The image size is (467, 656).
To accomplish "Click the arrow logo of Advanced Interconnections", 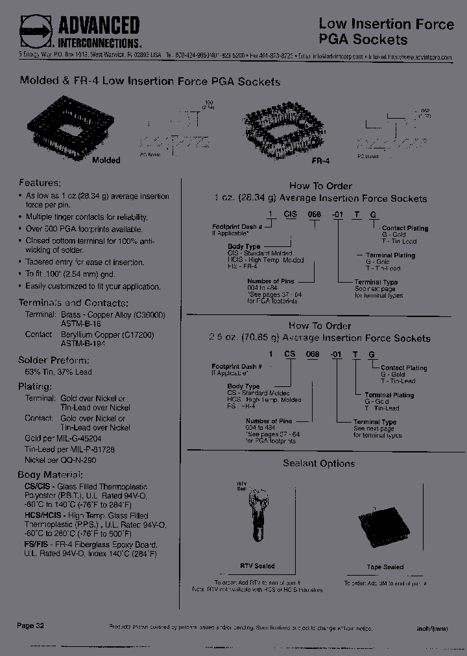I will click(x=36, y=30).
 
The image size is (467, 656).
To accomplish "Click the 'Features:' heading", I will click(x=40, y=183).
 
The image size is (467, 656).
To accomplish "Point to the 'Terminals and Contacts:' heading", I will click(x=73, y=303).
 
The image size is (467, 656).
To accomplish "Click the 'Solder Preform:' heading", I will click(x=53, y=360).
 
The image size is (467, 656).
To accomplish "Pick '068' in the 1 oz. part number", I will click(x=313, y=215).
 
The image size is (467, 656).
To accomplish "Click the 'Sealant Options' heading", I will click(x=318, y=463).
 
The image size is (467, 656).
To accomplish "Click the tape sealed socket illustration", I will click(x=384, y=529).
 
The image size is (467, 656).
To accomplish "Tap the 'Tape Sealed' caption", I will click(x=385, y=567).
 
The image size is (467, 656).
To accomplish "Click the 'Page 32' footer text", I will click(x=30, y=626).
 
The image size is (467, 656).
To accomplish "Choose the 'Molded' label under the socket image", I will click(x=106, y=159).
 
